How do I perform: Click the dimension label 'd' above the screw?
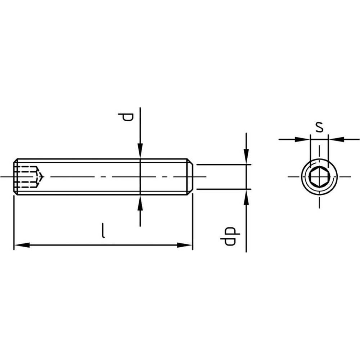126,117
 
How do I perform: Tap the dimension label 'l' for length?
104,230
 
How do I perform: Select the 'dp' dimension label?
230,236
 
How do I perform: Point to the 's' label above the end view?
319,127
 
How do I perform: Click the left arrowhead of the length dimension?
22,245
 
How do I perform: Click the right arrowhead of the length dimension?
185,245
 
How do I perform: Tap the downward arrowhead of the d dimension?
140,151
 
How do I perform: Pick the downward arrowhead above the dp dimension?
246,157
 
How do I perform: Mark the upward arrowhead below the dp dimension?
246,197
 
